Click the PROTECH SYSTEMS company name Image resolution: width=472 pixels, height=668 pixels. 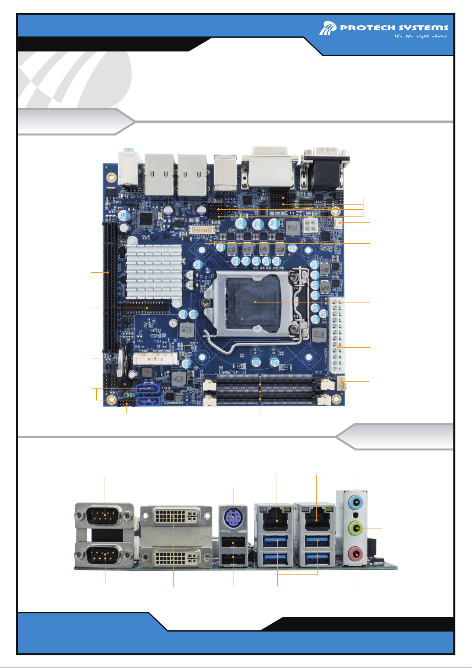pyautogui.click(x=394, y=28)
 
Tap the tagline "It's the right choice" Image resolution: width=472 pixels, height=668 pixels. pyautogui.click(x=420, y=36)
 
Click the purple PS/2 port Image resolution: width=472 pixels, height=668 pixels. pyautogui.click(x=233, y=517)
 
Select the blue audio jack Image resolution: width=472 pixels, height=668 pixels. pyautogui.click(x=357, y=502)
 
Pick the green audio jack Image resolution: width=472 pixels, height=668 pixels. pyautogui.click(x=357, y=528)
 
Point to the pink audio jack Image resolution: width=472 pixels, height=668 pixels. pyautogui.click(x=357, y=553)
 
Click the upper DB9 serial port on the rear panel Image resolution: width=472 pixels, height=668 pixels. pyautogui.click(x=104, y=516)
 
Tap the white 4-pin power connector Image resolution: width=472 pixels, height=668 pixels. pyautogui.click(x=310, y=227)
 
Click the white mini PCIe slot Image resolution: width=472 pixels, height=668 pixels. pyautogui.click(x=154, y=358)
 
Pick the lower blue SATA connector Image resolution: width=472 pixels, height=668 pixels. pyautogui.click(x=148, y=402)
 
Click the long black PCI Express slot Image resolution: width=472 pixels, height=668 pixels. pyautogui.click(x=108, y=287)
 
